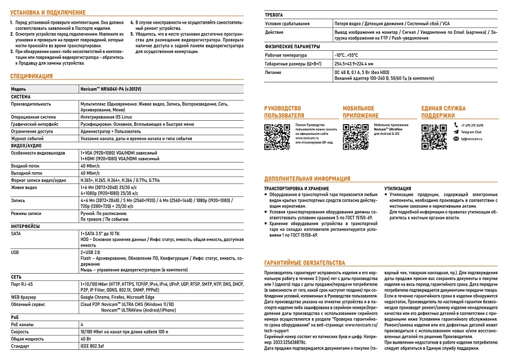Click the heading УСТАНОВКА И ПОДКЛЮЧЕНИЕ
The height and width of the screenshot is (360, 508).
48,12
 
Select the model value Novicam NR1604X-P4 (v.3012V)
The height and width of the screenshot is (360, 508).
112,90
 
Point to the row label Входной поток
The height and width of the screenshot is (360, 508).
27,166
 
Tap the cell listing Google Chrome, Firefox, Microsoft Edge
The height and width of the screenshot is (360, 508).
117,296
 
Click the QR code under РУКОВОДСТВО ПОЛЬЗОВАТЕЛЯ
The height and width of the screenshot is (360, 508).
277,135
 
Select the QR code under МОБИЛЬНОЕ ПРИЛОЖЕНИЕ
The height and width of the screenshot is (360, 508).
356,135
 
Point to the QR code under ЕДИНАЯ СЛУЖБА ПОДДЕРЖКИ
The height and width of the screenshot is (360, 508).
434,135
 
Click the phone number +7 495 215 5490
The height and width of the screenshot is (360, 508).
472,125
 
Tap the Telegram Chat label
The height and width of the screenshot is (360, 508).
472,131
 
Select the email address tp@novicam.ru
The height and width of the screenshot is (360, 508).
472,138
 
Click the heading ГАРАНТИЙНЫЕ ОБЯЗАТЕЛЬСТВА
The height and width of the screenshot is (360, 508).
304,263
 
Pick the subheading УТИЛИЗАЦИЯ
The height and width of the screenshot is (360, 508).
397,188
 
